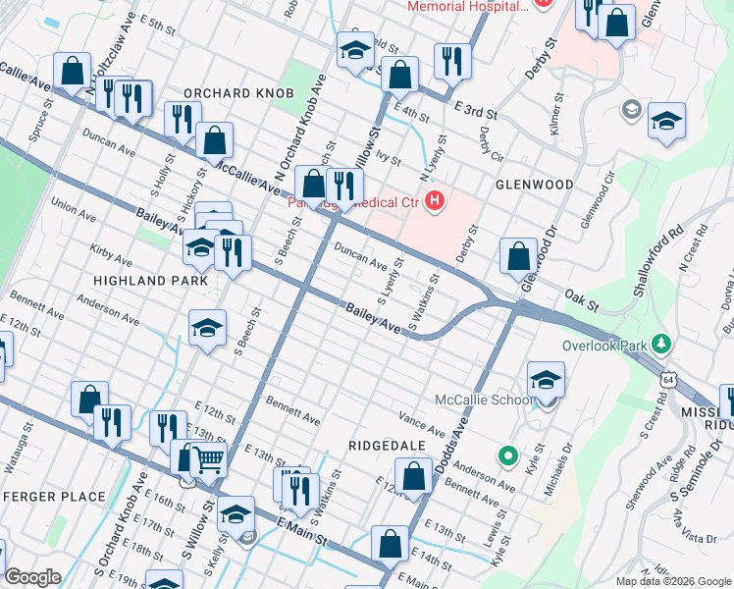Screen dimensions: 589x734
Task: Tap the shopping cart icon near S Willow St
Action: [207, 457]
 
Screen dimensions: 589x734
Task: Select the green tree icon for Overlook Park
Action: [662, 344]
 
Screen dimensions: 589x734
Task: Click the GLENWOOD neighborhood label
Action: [534, 185]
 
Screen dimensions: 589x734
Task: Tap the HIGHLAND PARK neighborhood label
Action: [150, 281]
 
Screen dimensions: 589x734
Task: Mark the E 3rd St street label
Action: [475, 108]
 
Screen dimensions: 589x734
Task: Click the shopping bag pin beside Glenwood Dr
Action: [518, 256]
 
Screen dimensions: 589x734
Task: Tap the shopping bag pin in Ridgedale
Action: [415, 476]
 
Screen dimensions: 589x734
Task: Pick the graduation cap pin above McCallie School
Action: [546, 379]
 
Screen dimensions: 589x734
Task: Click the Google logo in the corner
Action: [32, 578]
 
